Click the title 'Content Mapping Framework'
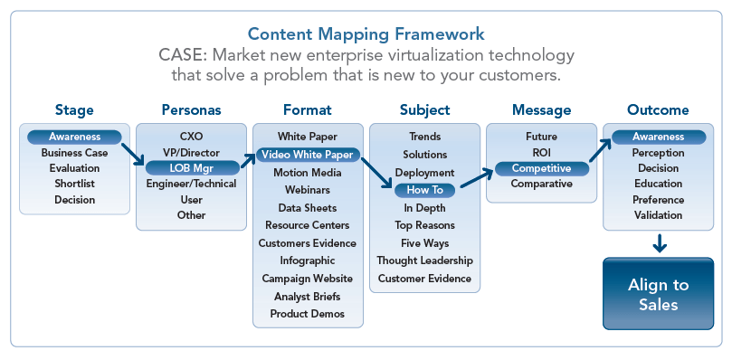pos(366,33)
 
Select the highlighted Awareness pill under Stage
pos(74,137)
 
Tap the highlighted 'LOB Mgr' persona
pos(190,167)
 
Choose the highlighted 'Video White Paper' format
pos(308,154)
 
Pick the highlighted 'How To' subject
pos(424,190)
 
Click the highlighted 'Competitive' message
pos(541,168)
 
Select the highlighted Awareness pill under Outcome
pos(658,137)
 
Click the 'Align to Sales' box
pos(658,295)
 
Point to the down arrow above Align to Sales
pos(660,242)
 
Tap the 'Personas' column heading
pos(191,110)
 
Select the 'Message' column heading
pos(541,110)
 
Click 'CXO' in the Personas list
pos(191,137)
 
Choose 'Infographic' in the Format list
pos(308,261)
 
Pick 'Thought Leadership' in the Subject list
pos(424,261)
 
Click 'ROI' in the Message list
pos(541,153)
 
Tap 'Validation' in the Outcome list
pos(658,215)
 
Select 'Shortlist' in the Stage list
pos(74,184)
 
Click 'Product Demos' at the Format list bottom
pos(308,313)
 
